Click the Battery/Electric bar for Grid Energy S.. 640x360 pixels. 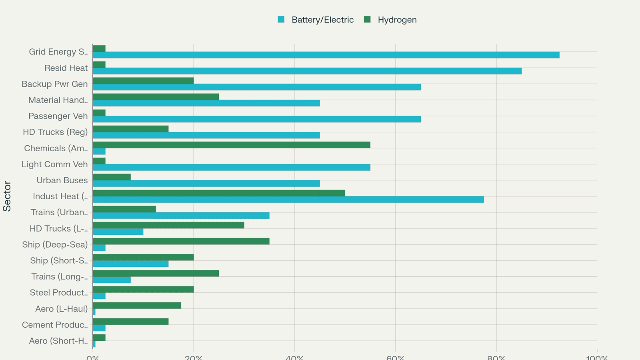tap(326, 55)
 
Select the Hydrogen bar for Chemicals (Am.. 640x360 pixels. tap(231, 145)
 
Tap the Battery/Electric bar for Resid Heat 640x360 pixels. tap(307, 71)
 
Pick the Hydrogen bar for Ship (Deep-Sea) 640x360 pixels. tap(181, 241)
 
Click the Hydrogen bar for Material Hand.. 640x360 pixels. tap(156, 97)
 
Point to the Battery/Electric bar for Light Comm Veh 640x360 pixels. tap(231, 168)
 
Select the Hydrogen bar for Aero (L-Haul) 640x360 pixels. tap(137, 306)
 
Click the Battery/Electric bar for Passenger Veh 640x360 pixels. tap(256, 119)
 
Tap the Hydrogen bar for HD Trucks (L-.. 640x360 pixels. tap(168, 225)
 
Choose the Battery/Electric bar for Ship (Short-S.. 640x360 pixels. tap(130, 264)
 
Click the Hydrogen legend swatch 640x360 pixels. tap(368, 20)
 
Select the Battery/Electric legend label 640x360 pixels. tap(322, 20)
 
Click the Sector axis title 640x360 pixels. tap(7, 196)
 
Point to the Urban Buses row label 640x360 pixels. tap(62, 180)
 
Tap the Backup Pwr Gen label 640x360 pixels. tap(54, 84)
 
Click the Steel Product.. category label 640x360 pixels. tap(58, 293)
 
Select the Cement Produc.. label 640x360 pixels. tap(55, 325)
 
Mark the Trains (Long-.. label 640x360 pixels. tap(59, 277)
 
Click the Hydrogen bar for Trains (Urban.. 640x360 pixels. tap(124, 209)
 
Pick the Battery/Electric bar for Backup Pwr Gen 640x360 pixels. tap(256, 87)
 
